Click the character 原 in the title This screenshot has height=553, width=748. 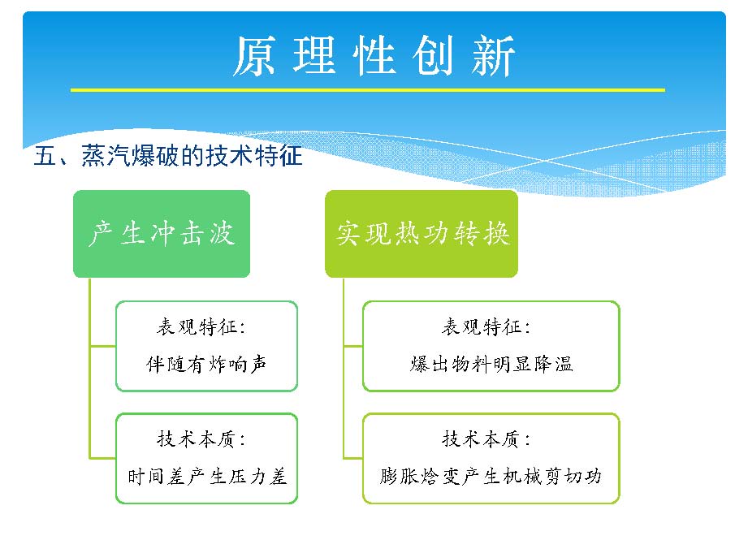click(253, 56)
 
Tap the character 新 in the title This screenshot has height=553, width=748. click(493, 56)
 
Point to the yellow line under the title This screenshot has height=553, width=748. click(368, 89)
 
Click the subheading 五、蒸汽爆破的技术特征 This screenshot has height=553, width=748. click(168, 156)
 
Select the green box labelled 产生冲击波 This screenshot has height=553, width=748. click(162, 234)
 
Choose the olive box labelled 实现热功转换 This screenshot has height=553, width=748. click(422, 234)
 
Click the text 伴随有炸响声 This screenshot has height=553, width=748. click(206, 365)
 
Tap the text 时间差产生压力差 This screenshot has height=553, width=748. click(207, 476)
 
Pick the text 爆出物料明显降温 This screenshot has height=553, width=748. click(491, 364)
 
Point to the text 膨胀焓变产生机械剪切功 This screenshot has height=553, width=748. click(491, 476)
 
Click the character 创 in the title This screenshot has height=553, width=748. click(433, 56)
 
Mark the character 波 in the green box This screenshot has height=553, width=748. click(222, 234)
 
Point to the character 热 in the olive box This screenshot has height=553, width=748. click(407, 234)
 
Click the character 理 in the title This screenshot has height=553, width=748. click(313, 56)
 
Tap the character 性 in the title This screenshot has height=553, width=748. click(374, 56)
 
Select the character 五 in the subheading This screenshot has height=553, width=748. click(45, 156)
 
